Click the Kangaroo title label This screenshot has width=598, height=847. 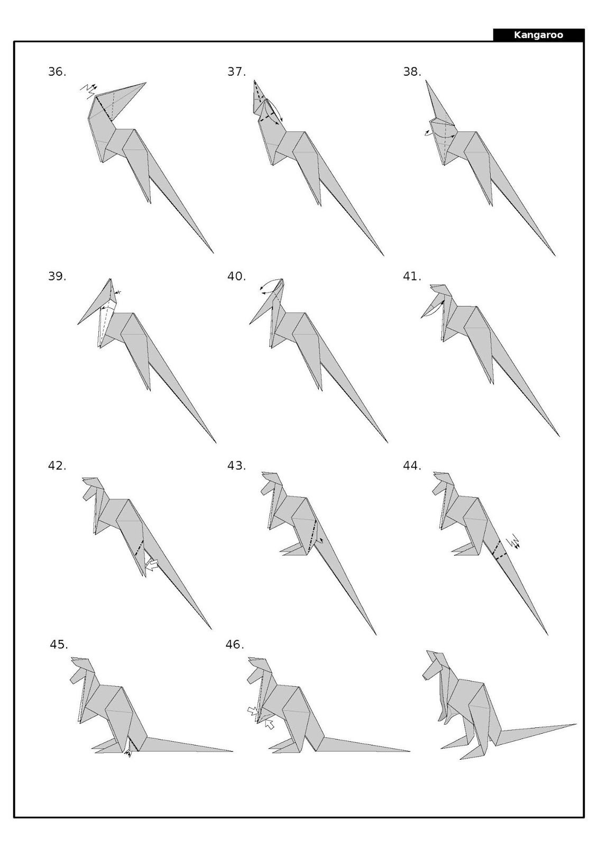538,35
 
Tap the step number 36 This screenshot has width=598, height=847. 57,72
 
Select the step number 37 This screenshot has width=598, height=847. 236,72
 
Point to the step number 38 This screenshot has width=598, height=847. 412,72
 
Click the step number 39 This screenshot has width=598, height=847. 57,276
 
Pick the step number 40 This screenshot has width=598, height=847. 236,276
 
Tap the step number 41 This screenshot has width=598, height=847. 412,276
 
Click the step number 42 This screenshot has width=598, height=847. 57,466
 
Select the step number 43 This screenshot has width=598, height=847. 236,466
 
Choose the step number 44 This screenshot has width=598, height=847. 412,466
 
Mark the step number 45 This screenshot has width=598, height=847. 59,645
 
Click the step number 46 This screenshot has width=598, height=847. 235,645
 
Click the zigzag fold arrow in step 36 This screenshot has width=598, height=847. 89,89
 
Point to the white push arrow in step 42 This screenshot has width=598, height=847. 152,565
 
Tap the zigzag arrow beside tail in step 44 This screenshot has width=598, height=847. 513,543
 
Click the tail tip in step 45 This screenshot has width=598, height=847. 232,751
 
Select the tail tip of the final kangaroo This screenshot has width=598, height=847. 575,724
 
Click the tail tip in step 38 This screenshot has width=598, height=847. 555,256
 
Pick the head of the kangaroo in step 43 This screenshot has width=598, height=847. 271,483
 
